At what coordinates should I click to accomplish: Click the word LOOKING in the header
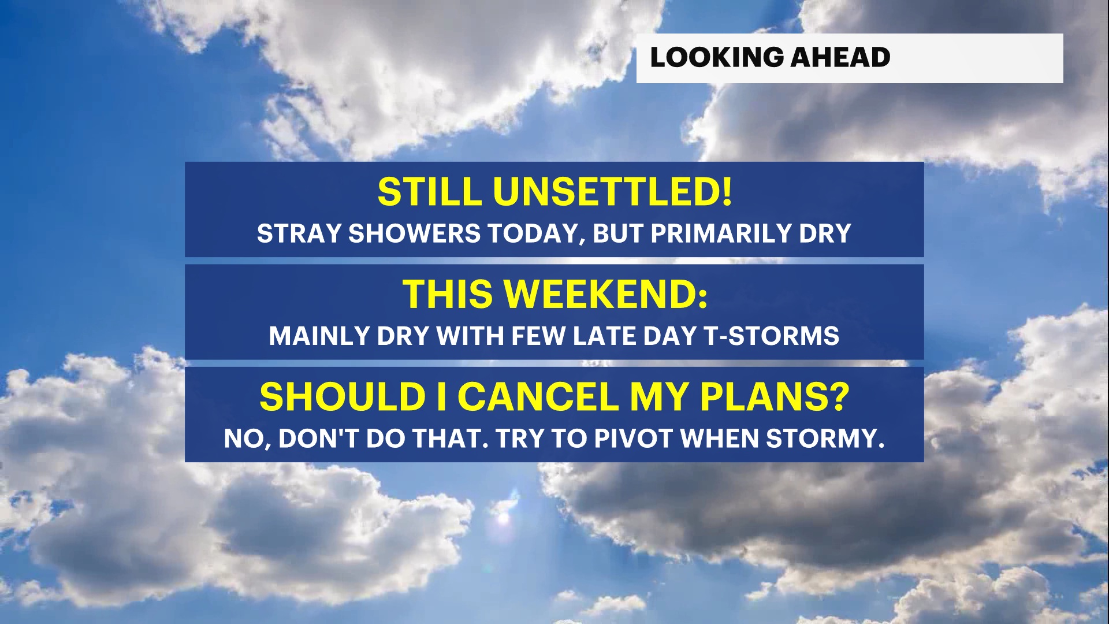coord(717,57)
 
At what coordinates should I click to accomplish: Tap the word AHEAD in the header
coord(840,57)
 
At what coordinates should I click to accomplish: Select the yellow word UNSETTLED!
coord(613,191)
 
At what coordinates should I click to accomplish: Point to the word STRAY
coord(299,233)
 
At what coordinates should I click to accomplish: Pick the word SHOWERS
coord(414,233)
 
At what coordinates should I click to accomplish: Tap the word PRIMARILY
coord(721,233)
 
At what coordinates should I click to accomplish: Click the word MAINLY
coord(319,336)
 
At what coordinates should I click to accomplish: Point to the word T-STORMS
coord(772,336)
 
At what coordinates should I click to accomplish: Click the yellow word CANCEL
coord(538,397)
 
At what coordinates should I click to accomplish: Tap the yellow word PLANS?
coord(775,397)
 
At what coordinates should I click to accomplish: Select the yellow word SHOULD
coord(343,397)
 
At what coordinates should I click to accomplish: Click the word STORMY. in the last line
coord(825,439)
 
